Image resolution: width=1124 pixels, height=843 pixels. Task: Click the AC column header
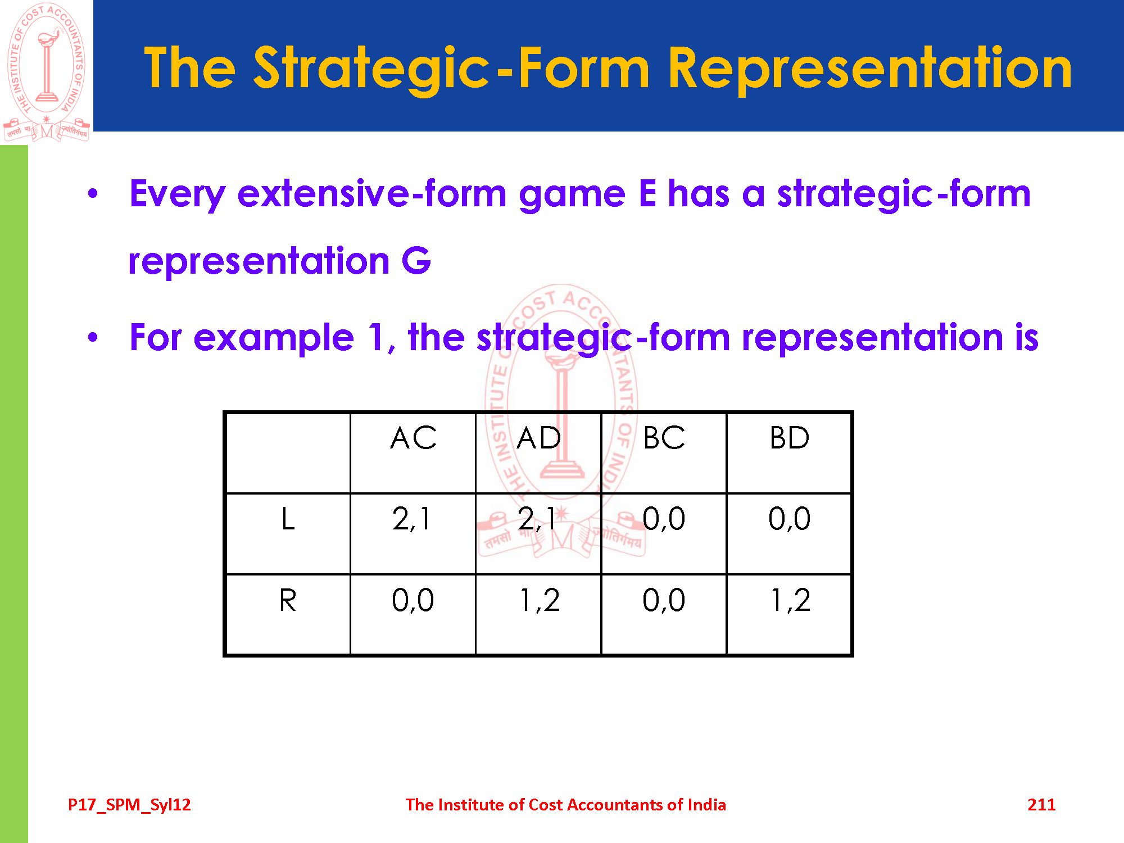point(413,438)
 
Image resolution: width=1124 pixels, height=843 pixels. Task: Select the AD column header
point(539,438)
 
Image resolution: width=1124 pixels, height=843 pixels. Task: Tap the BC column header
point(664,438)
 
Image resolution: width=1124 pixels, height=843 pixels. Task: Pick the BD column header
point(790,438)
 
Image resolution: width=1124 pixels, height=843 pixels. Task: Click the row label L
point(288,518)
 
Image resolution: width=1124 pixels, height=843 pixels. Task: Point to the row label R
point(288,600)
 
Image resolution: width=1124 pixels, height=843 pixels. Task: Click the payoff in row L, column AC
point(411,519)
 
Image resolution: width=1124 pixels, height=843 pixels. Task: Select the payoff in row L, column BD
point(790,519)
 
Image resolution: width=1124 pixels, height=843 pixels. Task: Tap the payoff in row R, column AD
point(540,600)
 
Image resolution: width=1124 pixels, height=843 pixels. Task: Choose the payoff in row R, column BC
point(664,600)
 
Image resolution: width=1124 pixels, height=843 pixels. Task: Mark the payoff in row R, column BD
point(790,600)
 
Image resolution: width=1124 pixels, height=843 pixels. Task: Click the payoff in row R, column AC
point(413,600)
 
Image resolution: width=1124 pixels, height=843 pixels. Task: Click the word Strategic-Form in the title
point(451,69)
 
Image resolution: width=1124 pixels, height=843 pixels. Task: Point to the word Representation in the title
point(871,69)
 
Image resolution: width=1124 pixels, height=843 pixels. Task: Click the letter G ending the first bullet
point(416,261)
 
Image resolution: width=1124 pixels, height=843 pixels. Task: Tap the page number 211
point(1041,805)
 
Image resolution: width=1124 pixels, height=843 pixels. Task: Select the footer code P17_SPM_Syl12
point(129,805)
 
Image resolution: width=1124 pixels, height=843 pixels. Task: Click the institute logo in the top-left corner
point(46,72)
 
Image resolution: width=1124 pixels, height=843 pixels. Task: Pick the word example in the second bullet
point(274,338)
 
